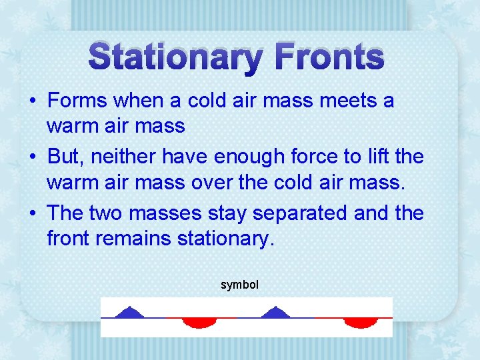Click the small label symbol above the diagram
coord(239,285)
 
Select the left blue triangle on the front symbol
coord(131,312)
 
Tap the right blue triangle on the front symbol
coord(275,312)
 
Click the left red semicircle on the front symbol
coord(199,323)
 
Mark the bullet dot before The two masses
coord(33,214)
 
